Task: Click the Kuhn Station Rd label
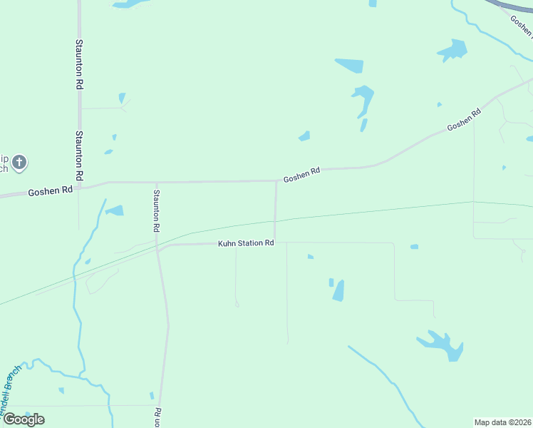pyautogui.click(x=246, y=243)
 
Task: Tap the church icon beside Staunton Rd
pyautogui.click(x=19, y=163)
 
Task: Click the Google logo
pyautogui.click(x=23, y=419)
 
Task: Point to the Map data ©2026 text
pyautogui.click(x=503, y=422)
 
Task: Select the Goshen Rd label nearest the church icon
pyautogui.click(x=51, y=191)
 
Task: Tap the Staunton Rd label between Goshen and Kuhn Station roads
pyautogui.click(x=155, y=210)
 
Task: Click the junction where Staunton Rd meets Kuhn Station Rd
pyautogui.click(x=158, y=250)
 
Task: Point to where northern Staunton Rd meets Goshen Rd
pyautogui.click(x=80, y=187)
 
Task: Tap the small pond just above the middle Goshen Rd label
pyautogui.click(x=304, y=136)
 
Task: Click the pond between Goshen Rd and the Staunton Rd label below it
pyautogui.click(x=114, y=210)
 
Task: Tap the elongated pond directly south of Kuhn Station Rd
pyautogui.click(x=338, y=290)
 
